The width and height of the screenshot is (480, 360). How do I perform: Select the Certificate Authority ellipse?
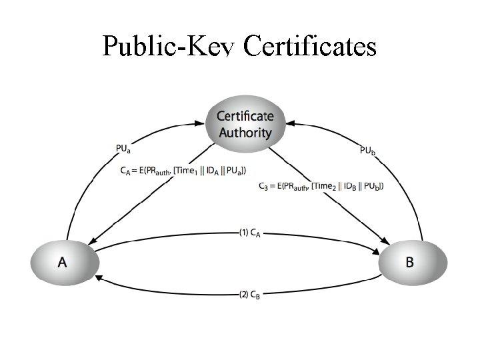pos(245,123)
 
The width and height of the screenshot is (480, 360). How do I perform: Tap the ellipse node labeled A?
pos(62,261)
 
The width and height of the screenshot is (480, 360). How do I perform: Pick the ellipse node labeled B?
pos(409,261)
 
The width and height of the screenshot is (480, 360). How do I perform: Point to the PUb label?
pos(367,151)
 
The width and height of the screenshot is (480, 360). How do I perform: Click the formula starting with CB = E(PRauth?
pos(321,185)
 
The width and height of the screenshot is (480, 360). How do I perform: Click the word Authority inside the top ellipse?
pos(245,132)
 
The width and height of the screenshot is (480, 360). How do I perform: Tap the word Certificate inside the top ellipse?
pos(245,117)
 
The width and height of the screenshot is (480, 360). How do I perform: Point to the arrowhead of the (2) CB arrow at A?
pos(97,275)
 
